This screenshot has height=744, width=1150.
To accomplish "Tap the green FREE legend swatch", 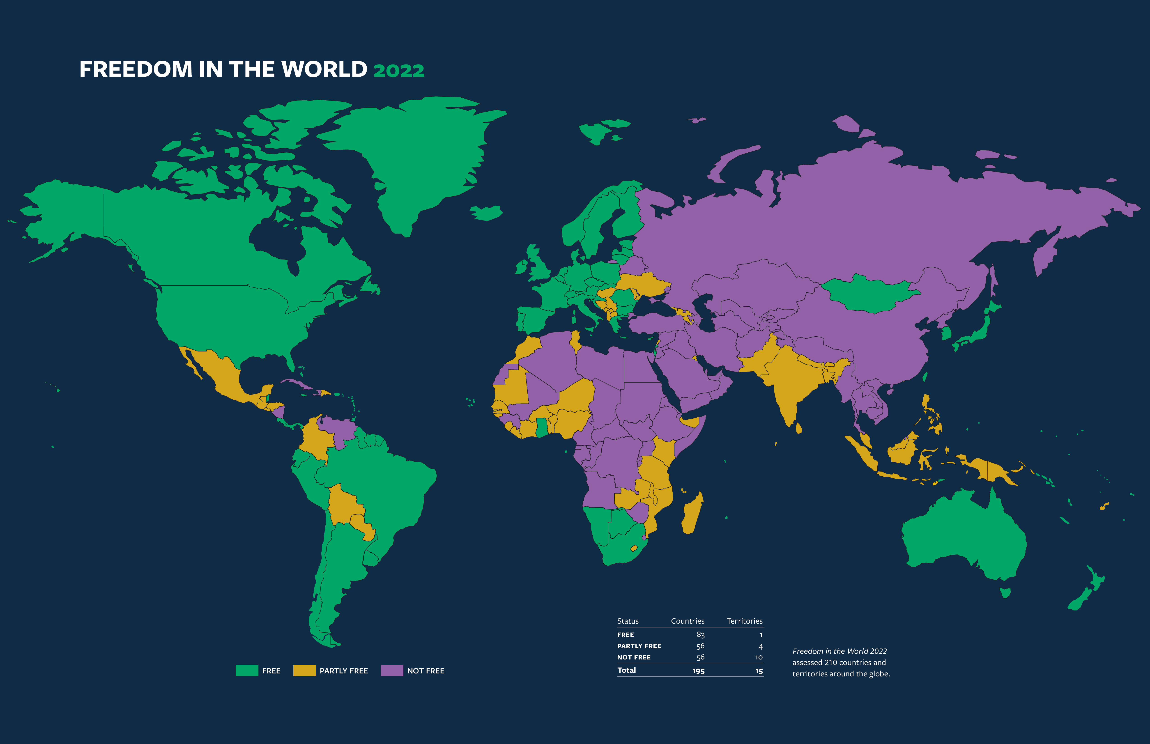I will (247, 671).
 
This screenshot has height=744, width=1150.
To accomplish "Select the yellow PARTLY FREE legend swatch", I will (304, 671).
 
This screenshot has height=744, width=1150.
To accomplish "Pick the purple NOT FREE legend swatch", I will (392, 671).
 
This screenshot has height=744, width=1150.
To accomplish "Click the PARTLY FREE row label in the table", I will (639, 646).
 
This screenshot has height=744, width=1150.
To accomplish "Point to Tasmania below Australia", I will (1005, 592).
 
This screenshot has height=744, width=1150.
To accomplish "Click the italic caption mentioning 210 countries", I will (841, 662).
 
